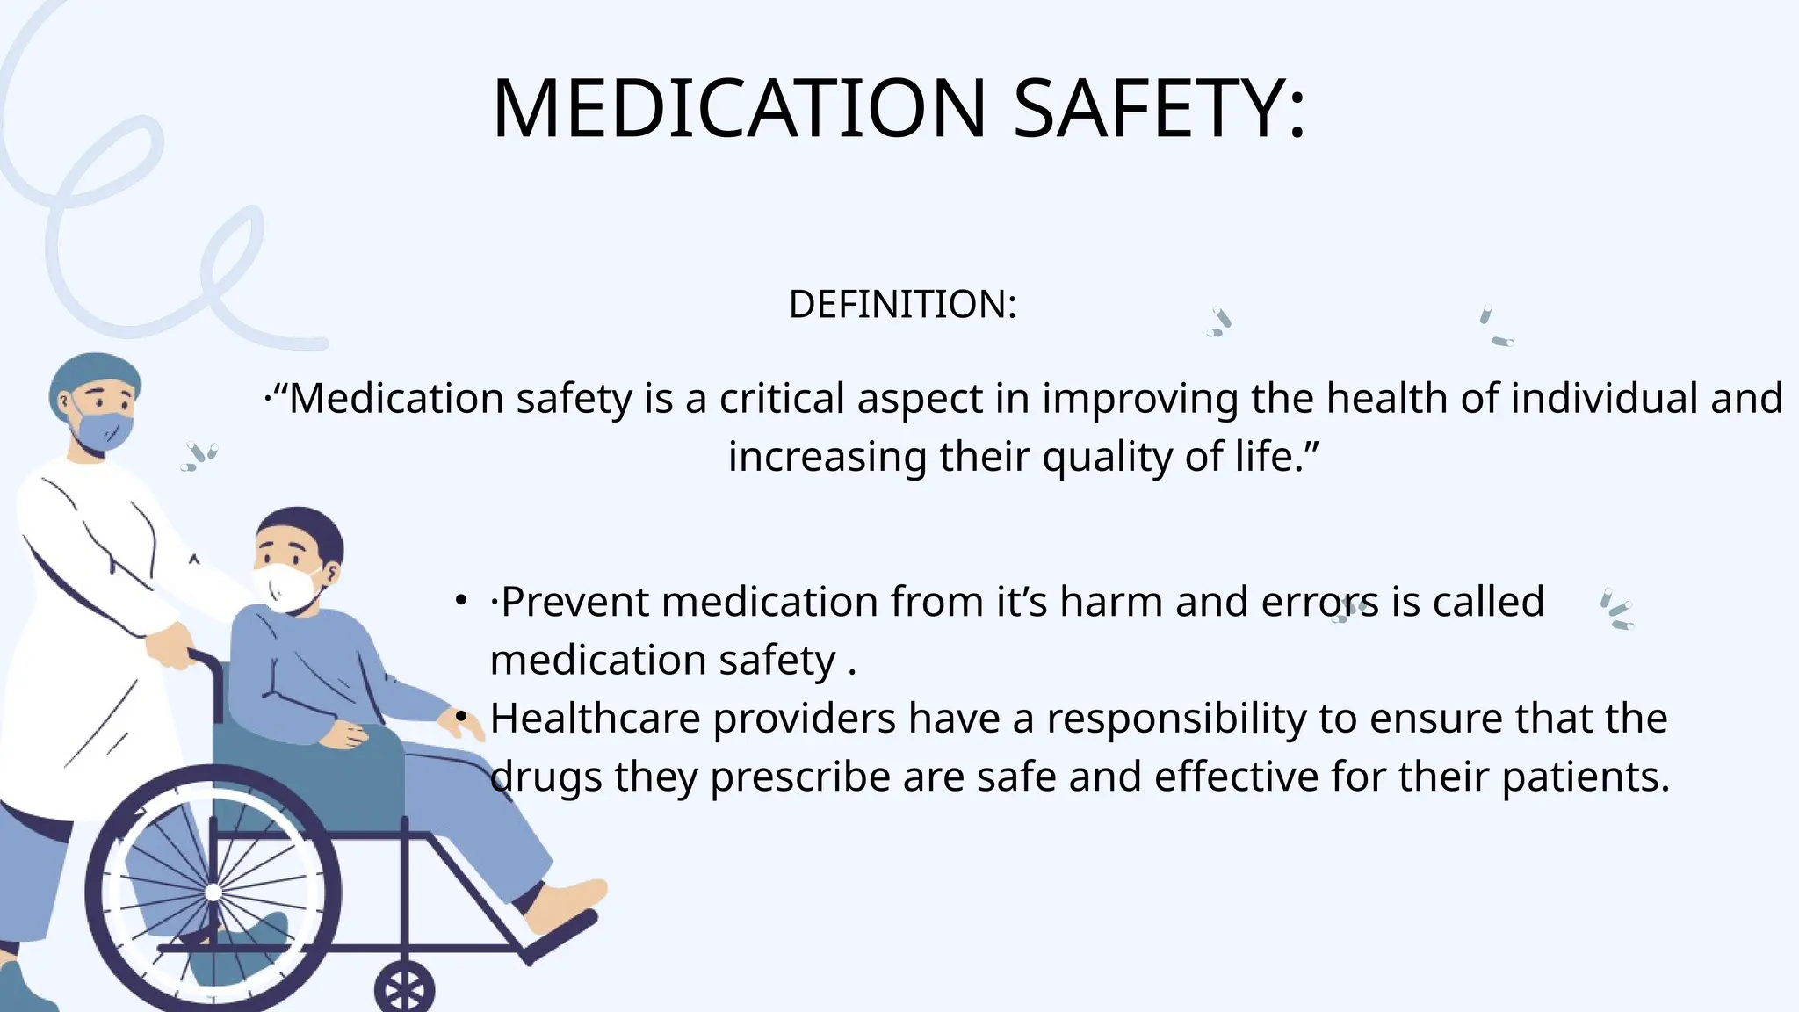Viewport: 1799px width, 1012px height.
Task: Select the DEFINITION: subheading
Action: pos(902,305)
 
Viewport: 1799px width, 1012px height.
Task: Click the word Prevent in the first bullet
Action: pos(574,603)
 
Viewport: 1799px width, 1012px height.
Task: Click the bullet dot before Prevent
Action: pos(460,602)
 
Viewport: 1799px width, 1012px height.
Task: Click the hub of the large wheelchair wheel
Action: pos(213,893)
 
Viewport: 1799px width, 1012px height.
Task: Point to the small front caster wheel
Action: pos(404,989)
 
